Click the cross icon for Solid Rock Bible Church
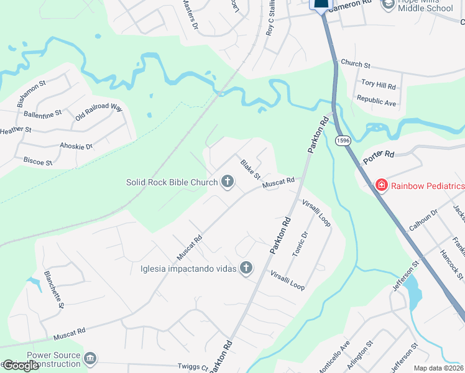click(x=228, y=182)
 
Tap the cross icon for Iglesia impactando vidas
click(x=247, y=268)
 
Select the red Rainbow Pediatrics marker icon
click(x=381, y=185)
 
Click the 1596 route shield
click(x=343, y=141)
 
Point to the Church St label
click(x=355, y=64)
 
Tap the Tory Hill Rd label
click(x=379, y=85)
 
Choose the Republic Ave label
click(x=376, y=101)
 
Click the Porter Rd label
click(x=379, y=156)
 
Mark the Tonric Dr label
click(x=300, y=244)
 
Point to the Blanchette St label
click(x=53, y=288)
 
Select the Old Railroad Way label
click(x=99, y=112)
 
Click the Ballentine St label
click(x=43, y=114)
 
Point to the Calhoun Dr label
click(x=423, y=219)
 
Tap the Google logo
click(x=20, y=366)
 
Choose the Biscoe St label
click(x=37, y=162)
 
